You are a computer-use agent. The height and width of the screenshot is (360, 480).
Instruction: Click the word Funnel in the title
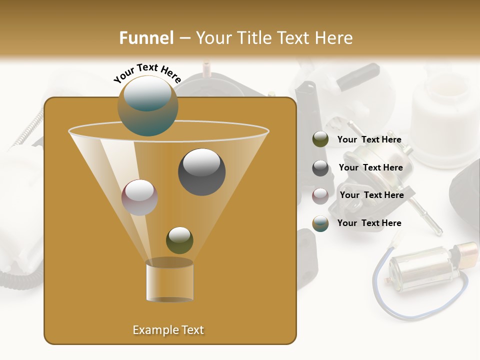146,38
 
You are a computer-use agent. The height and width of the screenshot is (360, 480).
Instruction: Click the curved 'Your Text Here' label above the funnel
147,73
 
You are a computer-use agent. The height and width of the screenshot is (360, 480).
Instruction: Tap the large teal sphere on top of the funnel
147,105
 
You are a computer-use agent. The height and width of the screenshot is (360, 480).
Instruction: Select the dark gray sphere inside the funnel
201,172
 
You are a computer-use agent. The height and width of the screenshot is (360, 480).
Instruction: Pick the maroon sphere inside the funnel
139,197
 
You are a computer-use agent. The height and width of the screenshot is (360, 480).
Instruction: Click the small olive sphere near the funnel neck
179,240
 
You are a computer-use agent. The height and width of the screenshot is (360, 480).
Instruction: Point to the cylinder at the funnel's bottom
169,280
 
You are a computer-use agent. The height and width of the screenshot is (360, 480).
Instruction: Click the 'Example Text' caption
168,330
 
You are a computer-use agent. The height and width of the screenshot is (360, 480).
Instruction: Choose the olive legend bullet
320,139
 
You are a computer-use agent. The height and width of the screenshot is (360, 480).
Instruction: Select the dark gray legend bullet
320,168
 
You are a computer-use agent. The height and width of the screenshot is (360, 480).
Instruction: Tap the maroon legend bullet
320,195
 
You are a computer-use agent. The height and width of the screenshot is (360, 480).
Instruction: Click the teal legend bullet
320,223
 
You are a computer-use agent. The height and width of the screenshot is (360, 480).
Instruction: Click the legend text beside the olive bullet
369,140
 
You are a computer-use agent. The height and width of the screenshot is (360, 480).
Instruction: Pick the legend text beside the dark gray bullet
370,168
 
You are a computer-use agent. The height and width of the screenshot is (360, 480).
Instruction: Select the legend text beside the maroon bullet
371,195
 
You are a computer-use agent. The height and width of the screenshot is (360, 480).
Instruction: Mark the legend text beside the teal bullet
369,223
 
